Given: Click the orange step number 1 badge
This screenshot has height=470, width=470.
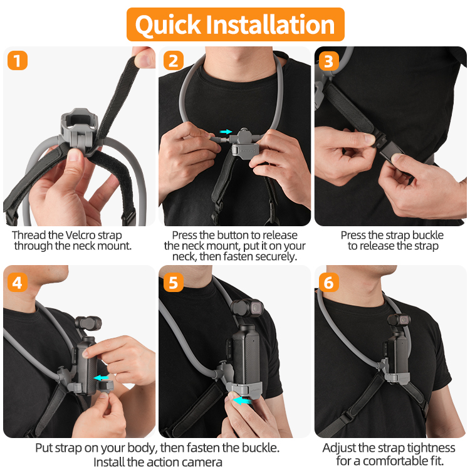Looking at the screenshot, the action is click(18, 61).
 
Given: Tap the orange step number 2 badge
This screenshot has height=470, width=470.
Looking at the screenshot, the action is click(173, 61).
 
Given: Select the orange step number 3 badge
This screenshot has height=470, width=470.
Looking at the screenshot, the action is click(329, 61).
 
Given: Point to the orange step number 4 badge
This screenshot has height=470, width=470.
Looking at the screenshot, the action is click(18, 282).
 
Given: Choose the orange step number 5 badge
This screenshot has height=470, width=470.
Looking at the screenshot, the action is click(173, 282).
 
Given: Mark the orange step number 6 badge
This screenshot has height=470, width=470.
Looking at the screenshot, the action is click(329, 282).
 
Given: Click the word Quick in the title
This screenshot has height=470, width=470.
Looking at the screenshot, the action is click(168, 25).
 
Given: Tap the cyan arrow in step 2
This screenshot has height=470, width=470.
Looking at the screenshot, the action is click(226, 132).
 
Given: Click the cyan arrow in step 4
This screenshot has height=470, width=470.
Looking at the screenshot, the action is click(101, 378).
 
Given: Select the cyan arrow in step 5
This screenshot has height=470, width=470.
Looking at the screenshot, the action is click(242, 400).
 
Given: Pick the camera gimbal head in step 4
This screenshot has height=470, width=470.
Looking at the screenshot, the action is click(88, 323).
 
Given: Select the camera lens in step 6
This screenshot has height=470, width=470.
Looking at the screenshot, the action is click(404, 320).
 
